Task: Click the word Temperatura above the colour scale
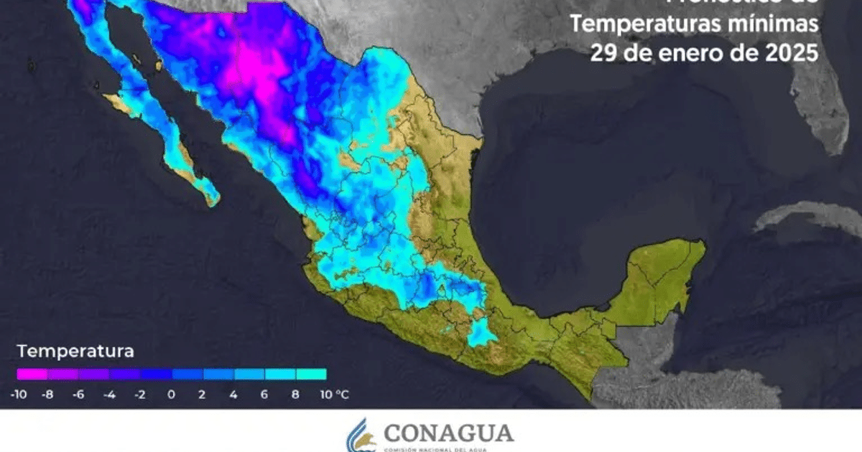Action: pos(75,352)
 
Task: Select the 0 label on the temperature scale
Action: pos(172,394)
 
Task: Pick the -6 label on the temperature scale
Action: pos(79,394)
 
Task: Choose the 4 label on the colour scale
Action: pos(233,394)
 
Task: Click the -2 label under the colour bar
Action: pos(141,394)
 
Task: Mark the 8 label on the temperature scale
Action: pos(295,394)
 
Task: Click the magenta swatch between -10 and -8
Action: pos(32,374)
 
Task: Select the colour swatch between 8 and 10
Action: pos(311,374)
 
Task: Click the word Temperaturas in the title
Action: pos(646,24)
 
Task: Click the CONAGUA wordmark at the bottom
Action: pos(449,433)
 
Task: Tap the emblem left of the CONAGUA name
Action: pos(361,435)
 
